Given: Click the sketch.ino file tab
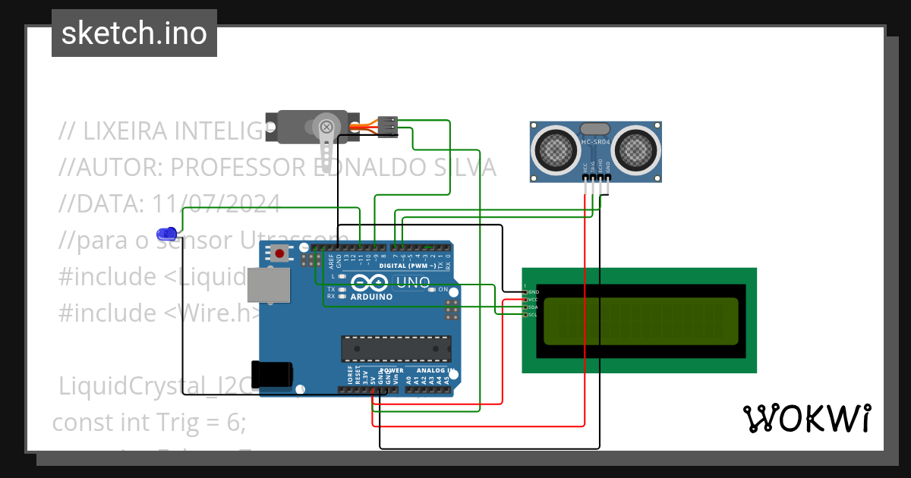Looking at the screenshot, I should [x=134, y=33].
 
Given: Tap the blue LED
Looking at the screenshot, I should [x=165, y=234].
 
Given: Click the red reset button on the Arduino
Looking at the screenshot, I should [x=280, y=253].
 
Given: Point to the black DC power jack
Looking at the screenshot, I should [x=273, y=373].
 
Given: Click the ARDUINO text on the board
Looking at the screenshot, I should [x=371, y=297].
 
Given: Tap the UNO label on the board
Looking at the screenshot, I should [x=414, y=283].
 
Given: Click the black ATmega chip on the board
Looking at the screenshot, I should [x=395, y=348].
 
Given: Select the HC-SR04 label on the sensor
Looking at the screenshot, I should [x=595, y=142].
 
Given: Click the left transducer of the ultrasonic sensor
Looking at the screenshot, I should [x=556, y=149].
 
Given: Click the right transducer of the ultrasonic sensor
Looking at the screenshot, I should [x=635, y=149].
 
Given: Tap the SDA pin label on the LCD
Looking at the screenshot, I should [x=532, y=307].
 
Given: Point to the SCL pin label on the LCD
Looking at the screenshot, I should [x=532, y=314].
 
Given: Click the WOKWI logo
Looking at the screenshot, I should [x=806, y=419].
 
